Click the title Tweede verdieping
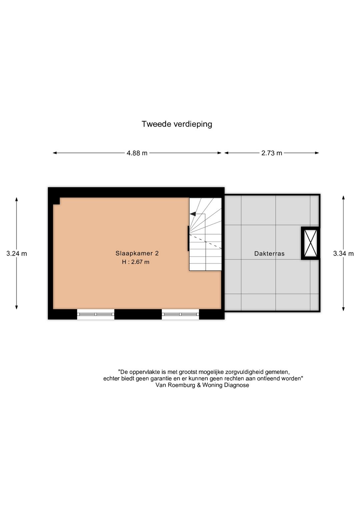click(177, 124)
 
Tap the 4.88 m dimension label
click(137, 153)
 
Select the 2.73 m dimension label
click(272, 153)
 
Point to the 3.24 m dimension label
click(17, 253)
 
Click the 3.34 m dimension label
click(343, 253)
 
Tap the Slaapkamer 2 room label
click(137, 253)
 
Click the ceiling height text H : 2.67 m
click(136, 262)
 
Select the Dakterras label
click(269, 253)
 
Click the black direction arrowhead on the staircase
click(193, 214)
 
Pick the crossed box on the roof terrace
click(310, 243)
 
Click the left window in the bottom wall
click(96, 314)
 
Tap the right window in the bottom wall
click(180, 314)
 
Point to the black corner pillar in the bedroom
click(56, 201)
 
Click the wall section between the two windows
click(138, 314)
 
